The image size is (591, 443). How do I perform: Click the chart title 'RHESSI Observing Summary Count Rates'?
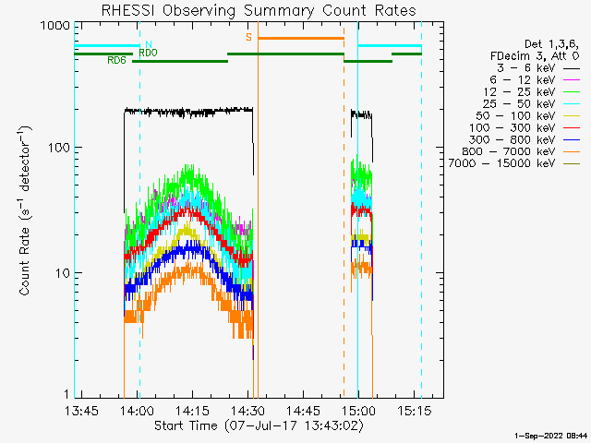pyautogui.click(x=259, y=10)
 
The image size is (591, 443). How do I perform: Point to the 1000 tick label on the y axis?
pyautogui.click(x=55, y=26)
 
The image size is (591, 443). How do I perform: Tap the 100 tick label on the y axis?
pyautogui.click(x=59, y=148)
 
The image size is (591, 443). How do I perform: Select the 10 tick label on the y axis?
pyautogui.click(x=63, y=273)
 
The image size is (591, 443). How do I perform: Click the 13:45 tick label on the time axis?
pyautogui.click(x=81, y=410)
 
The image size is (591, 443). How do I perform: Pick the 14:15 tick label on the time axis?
pyautogui.click(x=192, y=410)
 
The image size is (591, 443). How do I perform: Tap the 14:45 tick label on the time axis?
pyautogui.click(x=303, y=410)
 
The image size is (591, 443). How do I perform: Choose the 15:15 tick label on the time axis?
pyautogui.click(x=414, y=410)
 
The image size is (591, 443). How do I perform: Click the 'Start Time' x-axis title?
pyautogui.click(x=186, y=425)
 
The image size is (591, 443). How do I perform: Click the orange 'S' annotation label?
pyautogui.click(x=248, y=37)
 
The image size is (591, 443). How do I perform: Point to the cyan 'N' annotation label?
pyautogui.click(x=149, y=44)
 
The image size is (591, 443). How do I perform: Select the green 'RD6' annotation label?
pyautogui.click(x=116, y=60)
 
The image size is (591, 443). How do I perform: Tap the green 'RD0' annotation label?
pyautogui.click(x=148, y=53)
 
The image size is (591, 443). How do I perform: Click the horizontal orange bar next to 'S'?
pyautogui.click(x=301, y=38)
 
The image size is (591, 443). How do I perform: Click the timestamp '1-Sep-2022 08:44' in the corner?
pyautogui.click(x=550, y=436)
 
